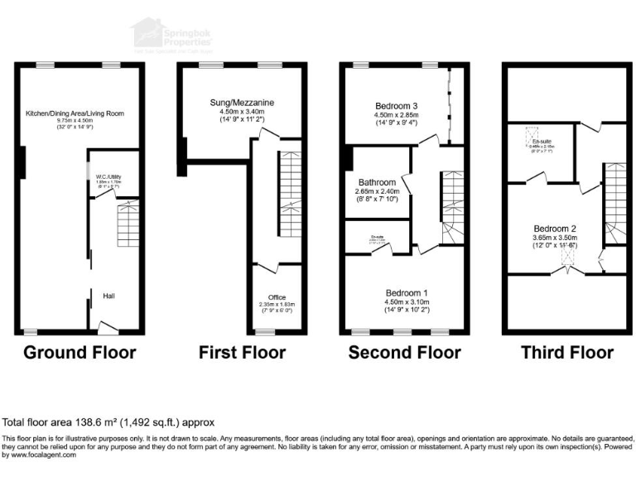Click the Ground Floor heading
pos(79,353)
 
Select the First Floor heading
pos(242,353)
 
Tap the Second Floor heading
pos(404,353)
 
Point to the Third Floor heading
pos(567,353)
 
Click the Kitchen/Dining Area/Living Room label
pos(75,112)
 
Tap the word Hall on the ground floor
pos(108,296)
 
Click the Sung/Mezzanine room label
pos(242,103)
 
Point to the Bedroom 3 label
pos(394,106)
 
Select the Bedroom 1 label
pos(406,292)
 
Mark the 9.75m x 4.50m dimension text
pos(75,121)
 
